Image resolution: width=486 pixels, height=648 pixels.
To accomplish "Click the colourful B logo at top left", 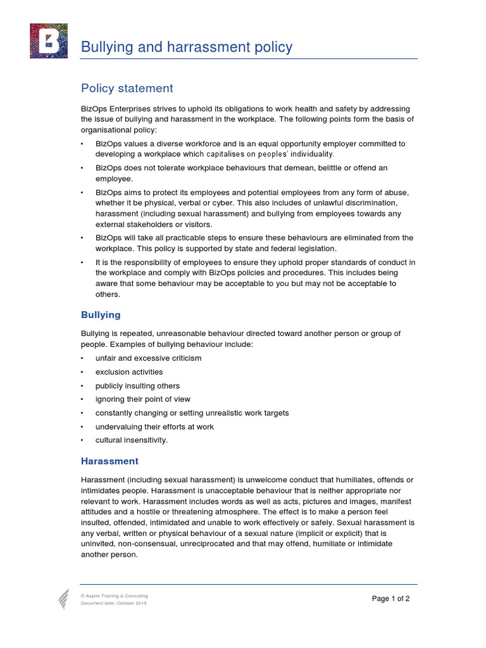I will point(49,40).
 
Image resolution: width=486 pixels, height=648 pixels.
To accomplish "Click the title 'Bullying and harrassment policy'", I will point(187,47).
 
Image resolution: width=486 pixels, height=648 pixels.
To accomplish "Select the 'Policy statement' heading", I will point(127,89).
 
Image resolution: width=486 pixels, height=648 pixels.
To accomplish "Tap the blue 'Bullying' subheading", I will point(101,315).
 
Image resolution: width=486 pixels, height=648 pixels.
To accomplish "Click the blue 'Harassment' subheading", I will point(109,461).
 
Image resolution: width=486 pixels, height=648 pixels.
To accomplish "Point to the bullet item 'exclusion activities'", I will point(129,372).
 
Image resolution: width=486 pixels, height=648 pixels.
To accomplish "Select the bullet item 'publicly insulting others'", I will point(137,386).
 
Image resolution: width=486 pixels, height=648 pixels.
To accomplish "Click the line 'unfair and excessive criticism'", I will point(148,358).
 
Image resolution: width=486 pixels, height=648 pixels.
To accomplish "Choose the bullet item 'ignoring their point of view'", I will point(142,399).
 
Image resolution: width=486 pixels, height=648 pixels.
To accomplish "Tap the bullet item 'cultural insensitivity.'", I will point(132,440).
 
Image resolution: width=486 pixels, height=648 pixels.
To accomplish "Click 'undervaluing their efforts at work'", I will point(154,427).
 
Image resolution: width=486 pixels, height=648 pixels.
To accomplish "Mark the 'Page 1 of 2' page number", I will point(390,599).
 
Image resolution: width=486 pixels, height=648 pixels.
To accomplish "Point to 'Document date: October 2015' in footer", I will point(113,604).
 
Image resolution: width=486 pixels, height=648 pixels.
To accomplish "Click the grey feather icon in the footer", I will point(64,599).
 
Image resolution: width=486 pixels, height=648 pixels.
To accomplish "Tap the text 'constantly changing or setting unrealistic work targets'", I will point(192,413).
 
